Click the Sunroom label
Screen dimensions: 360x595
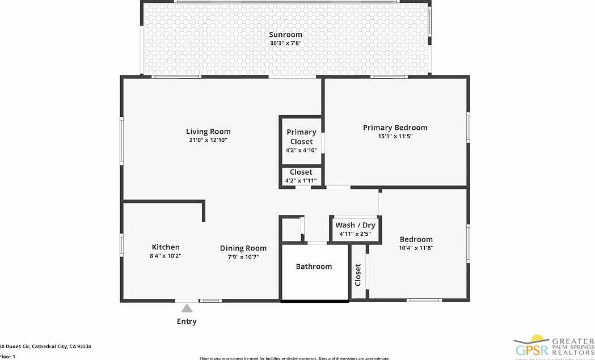(x=285, y=35)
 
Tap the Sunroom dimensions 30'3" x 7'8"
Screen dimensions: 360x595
(x=285, y=44)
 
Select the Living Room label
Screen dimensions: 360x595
(x=208, y=132)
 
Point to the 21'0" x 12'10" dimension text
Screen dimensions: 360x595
(x=208, y=140)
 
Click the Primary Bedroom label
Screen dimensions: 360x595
(x=395, y=128)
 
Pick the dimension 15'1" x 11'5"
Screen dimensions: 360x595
(x=395, y=136)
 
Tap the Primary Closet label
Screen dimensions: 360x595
(x=301, y=137)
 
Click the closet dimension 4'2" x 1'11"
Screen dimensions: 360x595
(x=301, y=181)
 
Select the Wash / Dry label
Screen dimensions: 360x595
(x=355, y=225)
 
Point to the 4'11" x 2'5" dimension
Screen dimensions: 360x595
(x=355, y=234)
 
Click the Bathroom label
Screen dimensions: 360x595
(x=314, y=266)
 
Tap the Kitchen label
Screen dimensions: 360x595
(x=166, y=247)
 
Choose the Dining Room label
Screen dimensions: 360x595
(x=243, y=248)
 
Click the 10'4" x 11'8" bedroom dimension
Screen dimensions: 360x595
(x=416, y=248)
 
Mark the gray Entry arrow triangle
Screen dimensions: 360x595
(x=187, y=308)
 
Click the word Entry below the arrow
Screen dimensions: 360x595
(x=187, y=321)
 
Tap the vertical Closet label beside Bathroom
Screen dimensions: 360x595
(x=358, y=275)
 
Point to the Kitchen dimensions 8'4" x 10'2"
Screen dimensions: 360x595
(x=166, y=256)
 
